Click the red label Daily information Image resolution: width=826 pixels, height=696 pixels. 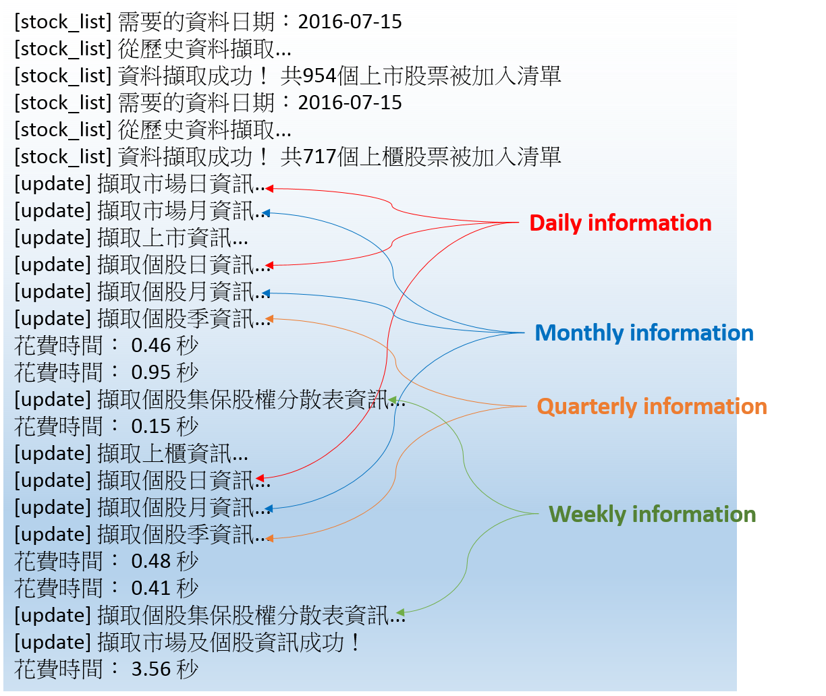620,223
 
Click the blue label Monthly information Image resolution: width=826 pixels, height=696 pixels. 644,333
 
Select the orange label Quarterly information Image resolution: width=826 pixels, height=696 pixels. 652,407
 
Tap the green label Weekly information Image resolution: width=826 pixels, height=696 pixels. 652,515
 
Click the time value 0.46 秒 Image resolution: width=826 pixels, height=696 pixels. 165,346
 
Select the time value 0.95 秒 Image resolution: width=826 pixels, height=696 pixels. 165,373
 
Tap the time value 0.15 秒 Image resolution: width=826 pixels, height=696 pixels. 165,427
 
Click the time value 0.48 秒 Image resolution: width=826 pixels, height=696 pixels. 165,562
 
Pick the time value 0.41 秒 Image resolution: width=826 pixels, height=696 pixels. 165,589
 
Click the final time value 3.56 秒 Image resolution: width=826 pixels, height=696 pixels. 165,670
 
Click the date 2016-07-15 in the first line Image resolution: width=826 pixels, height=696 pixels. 350,22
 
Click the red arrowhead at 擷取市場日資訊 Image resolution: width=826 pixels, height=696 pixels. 269,188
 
